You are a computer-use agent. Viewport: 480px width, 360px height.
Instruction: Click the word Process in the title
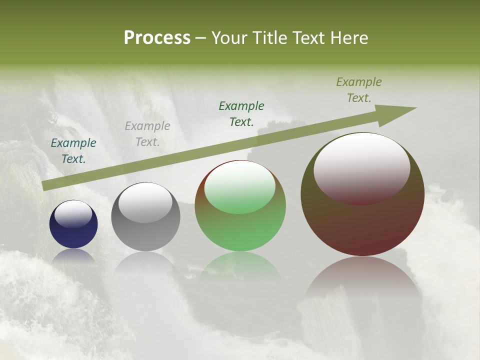(x=157, y=38)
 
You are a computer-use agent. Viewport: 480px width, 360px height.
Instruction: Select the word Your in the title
(x=230, y=38)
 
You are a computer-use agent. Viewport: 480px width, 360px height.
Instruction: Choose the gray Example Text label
(x=147, y=134)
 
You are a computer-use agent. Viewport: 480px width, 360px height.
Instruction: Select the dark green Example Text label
(x=241, y=113)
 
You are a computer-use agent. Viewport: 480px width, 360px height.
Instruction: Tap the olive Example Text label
(x=358, y=90)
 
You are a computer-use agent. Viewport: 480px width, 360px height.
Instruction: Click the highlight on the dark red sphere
(x=361, y=167)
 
